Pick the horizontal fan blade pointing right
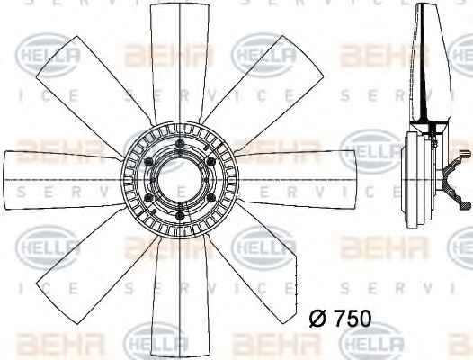pyautogui.click(x=297, y=180)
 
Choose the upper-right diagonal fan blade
pyautogui.click(x=265, y=94)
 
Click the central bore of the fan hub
pyautogui.click(x=180, y=181)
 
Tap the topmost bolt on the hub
pyautogui.click(x=180, y=143)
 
